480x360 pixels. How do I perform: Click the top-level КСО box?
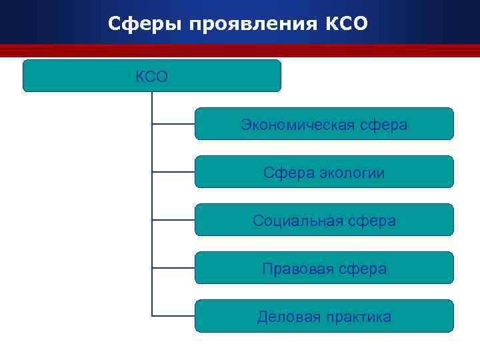[152, 75]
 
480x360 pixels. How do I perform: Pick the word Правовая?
[293, 269]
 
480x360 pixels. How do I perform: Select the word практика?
[359, 317]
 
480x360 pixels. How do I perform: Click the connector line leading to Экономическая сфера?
[173, 123]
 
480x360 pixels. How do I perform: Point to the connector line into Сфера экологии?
[173, 171]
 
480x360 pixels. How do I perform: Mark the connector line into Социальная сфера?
[173, 219]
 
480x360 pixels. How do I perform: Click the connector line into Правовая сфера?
[173, 267]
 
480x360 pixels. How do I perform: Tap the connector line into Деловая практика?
[173, 315]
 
